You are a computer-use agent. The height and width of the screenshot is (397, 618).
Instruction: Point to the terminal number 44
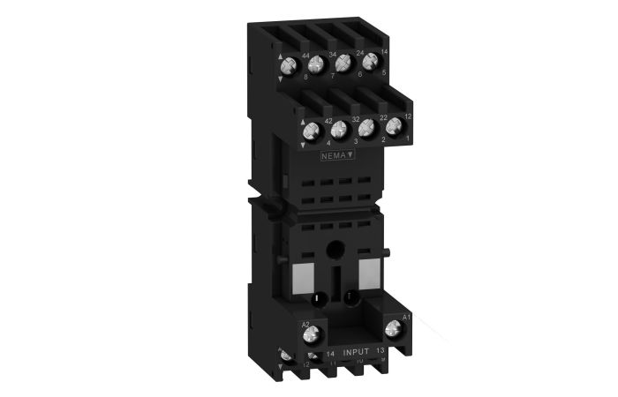click(x=305, y=56)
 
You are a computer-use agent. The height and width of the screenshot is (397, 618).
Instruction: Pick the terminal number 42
click(x=328, y=120)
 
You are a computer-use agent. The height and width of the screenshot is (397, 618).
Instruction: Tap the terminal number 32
click(x=355, y=117)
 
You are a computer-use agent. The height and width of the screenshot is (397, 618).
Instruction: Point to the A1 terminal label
click(x=407, y=317)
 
